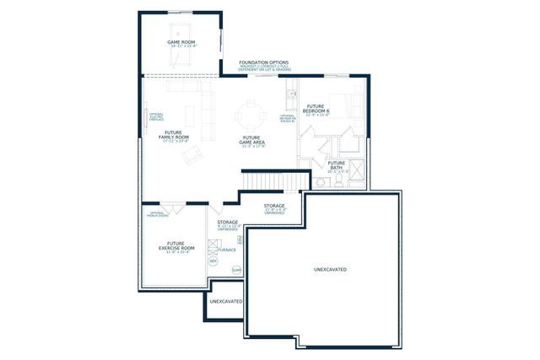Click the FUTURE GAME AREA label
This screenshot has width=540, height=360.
coord(251,140)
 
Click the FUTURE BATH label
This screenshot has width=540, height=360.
coord(337,165)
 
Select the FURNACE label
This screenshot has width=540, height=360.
coord(228,250)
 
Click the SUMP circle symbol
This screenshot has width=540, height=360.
coord(236,270)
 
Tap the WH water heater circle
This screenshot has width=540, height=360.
coord(213,262)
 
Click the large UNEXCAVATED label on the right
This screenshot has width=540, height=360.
coord(330,270)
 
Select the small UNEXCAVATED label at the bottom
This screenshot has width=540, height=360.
coord(225,301)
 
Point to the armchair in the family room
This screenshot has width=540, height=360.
coord(193,153)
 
